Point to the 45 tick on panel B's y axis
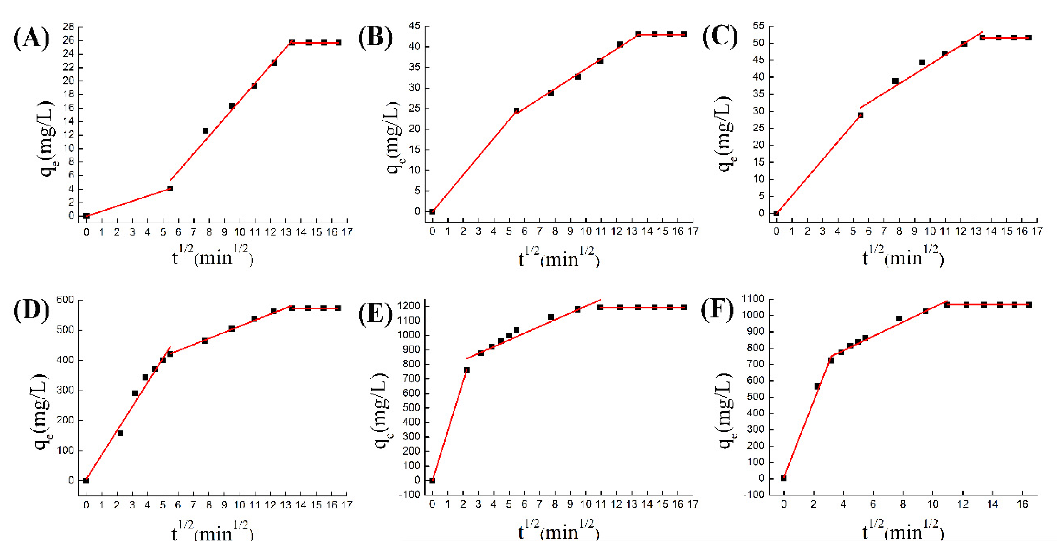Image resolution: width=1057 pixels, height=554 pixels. [414, 26]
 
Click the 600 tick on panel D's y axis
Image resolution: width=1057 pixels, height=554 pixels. [65, 300]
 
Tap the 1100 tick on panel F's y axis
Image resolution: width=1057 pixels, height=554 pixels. [753, 298]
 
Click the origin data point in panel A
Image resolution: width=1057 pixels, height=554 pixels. [86, 216]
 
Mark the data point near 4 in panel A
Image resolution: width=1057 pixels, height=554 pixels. [170, 188]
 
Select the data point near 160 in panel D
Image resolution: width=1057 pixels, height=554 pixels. [120, 433]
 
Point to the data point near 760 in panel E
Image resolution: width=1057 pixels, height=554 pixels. [466, 370]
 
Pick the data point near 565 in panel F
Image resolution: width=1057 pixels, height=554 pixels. [817, 386]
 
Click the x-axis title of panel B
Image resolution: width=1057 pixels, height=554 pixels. [558, 258]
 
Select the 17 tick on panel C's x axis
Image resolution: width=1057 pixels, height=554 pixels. [1037, 231]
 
